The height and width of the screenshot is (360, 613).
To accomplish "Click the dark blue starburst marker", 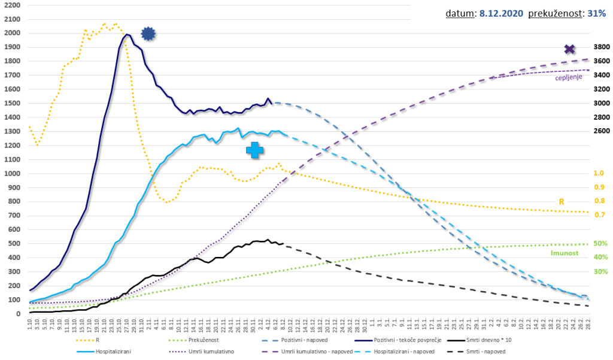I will [148, 34].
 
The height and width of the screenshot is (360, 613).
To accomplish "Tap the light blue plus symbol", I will [254, 150].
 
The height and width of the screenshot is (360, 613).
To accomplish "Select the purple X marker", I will [569, 49].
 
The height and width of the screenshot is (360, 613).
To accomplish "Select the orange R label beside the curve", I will [562, 202].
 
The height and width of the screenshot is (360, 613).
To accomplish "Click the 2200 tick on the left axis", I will [12, 5].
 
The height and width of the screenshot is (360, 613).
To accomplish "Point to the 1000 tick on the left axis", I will [12, 173].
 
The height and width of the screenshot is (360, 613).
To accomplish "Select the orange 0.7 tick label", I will [599, 215].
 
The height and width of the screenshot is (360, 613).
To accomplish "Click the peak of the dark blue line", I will [127, 35].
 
